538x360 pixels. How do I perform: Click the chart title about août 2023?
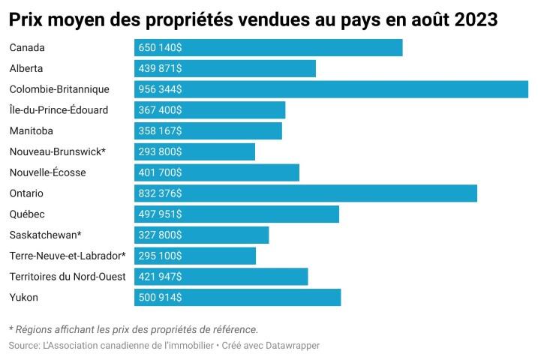coord(254,19)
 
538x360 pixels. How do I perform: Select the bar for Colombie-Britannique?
coord(331,89)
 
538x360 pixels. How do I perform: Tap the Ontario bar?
coord(305,193)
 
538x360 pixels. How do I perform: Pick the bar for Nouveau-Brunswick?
coord(194,151)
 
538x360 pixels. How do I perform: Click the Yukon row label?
coord(24,298)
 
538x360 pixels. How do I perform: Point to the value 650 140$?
coord(160,48)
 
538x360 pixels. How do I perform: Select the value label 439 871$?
coord(160,68)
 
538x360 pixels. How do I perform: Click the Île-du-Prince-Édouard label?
coord(59,110)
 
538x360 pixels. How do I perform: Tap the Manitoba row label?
coord(32,130)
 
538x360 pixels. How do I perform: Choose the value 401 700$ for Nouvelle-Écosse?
coord(160,172)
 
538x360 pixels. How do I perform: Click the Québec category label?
coord(27,214)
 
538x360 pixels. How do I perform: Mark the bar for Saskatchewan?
coord(201,235)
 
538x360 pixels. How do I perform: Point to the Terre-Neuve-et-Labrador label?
coord(67,256)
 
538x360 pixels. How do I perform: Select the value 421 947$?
coord(160,277)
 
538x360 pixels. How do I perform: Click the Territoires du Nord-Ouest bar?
coord(221,277)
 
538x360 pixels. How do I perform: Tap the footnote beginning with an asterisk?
coord(133,329)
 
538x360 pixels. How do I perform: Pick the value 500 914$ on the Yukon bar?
coord(160,298)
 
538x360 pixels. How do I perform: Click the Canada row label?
coord(27,48)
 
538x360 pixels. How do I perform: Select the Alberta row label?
coord(26,68)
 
